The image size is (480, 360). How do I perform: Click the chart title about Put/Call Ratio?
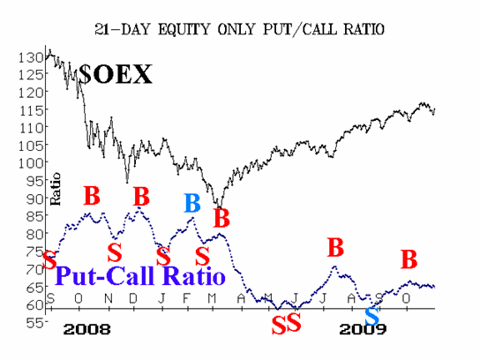point(239,30)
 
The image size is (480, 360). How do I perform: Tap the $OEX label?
point(115,74)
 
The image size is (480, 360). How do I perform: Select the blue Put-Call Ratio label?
point(140,275)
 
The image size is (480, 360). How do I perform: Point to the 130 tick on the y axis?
point(31,57)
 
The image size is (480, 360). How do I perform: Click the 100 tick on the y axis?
point(31,163)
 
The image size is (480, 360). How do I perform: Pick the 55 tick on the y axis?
point(36,323)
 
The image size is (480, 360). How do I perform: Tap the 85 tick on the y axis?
point(36,216)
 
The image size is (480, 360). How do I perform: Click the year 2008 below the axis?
point(87,329)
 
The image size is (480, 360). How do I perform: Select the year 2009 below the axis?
point(363,329)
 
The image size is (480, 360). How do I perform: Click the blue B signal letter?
point(192,203)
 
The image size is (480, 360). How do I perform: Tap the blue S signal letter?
point(372,317)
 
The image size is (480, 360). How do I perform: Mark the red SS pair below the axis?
point(286,324)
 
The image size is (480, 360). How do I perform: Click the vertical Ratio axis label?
point(56,189)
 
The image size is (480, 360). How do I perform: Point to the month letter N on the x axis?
point(109,298)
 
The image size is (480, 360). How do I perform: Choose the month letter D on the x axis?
point(133,298)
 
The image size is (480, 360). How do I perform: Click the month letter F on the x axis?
point(186,298)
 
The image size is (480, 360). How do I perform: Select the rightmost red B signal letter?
point(409,259)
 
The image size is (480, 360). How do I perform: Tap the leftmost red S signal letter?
point(49,260)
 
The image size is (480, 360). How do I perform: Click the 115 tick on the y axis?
point(32,110)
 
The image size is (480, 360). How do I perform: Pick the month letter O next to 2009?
point(406,298)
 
